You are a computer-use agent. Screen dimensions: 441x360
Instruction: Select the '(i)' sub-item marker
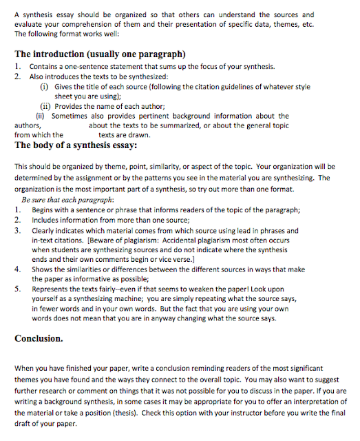point(45,88)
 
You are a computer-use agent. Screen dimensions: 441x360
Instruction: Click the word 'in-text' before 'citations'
point(45,240)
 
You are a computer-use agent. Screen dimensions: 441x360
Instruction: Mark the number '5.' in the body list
point(17,289)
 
